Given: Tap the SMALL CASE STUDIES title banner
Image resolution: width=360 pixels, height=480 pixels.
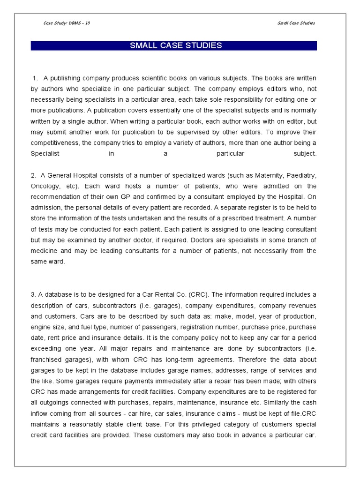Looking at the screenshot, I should click(x=174, y=45).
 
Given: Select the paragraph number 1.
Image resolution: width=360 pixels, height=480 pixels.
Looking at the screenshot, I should click(x=35, y=77).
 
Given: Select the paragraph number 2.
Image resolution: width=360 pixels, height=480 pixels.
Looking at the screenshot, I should click(x=34, y=175).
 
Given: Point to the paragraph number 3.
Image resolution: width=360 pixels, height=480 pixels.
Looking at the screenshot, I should click(x=34, y=294).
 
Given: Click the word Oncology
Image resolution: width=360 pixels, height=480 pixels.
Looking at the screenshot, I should click(x=45, y=186).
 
